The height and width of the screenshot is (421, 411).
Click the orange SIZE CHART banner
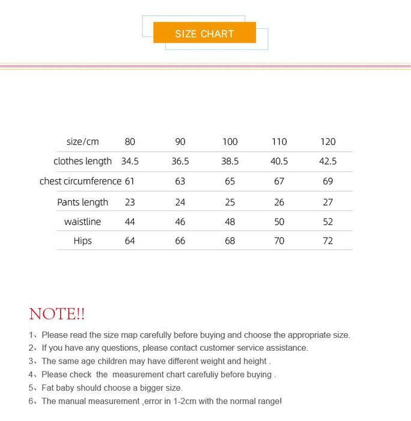point(204,33)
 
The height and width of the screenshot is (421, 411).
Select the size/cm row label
point(82,142)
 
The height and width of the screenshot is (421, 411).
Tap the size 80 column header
point(130,142)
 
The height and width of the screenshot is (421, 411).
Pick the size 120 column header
point(328,142)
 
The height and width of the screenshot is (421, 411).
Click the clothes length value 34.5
point(130,161)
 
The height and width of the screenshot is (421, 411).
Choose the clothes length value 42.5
point(328,161)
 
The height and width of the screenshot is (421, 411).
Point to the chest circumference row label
point(81,181)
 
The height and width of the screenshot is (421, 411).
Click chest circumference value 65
point(230,181)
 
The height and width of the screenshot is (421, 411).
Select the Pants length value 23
point(130,202)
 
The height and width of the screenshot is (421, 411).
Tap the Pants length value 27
point(328,202)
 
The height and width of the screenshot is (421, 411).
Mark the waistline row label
point(82,222)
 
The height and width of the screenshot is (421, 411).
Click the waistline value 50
point(279,222)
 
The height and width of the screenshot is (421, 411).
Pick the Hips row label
point(82,241)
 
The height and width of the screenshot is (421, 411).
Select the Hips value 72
point(328,241)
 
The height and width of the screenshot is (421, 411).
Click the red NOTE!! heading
point(57,314)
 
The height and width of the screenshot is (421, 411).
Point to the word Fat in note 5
point(49,388)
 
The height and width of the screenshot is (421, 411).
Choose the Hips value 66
point(180,241)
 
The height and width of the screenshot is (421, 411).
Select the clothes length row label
point(82,161)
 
